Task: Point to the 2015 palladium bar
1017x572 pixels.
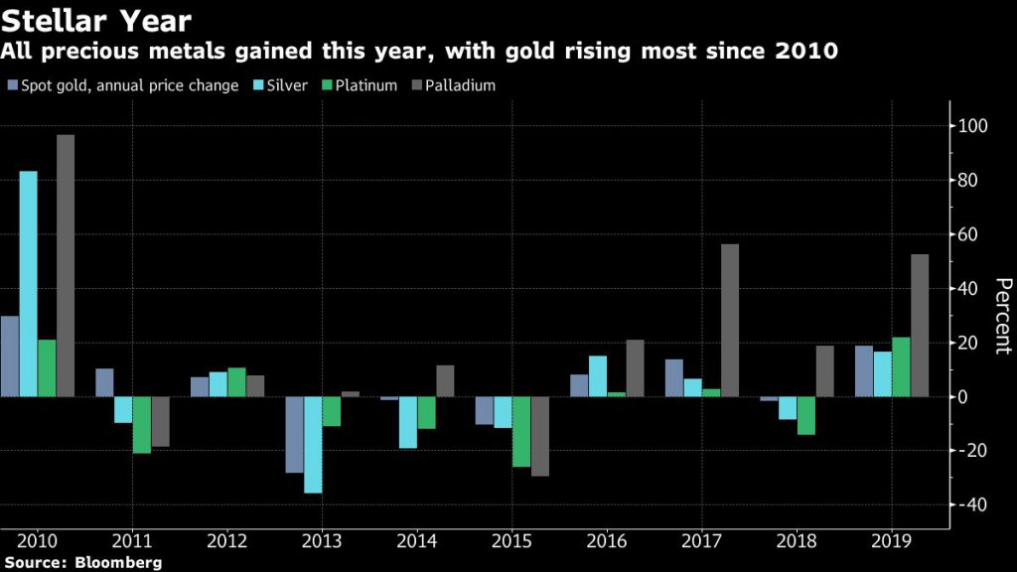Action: tap(539, 436)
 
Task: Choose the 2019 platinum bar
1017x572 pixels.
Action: tap(901, 366)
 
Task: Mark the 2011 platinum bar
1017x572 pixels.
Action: tap(142, 424)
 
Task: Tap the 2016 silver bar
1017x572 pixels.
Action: tap(597, 375)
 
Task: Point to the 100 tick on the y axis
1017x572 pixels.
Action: tap(971, 126)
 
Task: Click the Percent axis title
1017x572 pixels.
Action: tap(1001, 316)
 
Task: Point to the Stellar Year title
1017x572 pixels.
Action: tap(96, 19)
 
